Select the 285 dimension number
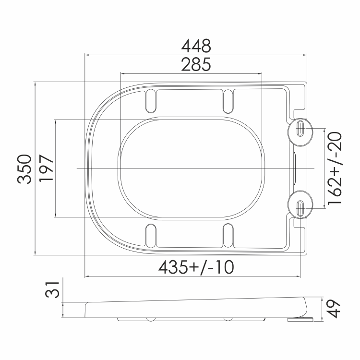point(196,64)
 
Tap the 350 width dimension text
point(24,169)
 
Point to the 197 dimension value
point(46,168)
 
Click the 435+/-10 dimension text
point(196,267)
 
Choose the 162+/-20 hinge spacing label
point(335,168)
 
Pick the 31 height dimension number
point(52,290)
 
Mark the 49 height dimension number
point(334,309)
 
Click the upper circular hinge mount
point(300,132)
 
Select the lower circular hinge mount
point(300,204)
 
